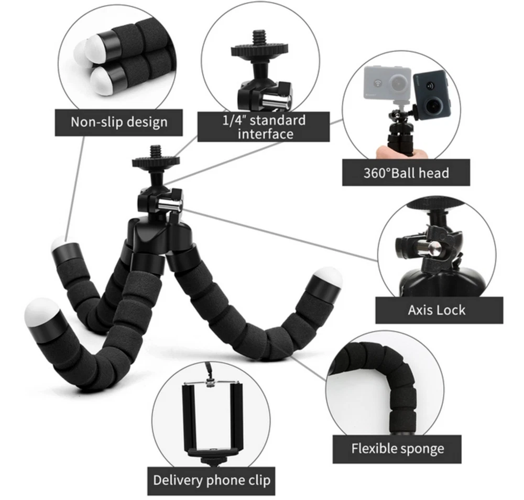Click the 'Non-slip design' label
click(x=118, y=122)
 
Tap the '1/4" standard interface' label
click(x=264, y=127)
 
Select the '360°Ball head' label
click(x=406, y=173)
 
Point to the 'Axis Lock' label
click(x=436, y=310)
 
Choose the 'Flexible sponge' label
click(x=397, y=449)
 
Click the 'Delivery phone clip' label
click(x=212, y=480)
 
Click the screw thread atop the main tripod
click(x=156, y=152)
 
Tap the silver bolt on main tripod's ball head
click(x=169, y=205)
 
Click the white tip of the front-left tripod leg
click(x=40, y=310)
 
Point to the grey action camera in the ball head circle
click(x=388, y=83)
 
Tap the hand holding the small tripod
click(x=400, y=152)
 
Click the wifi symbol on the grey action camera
click(x=377, y=83)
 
